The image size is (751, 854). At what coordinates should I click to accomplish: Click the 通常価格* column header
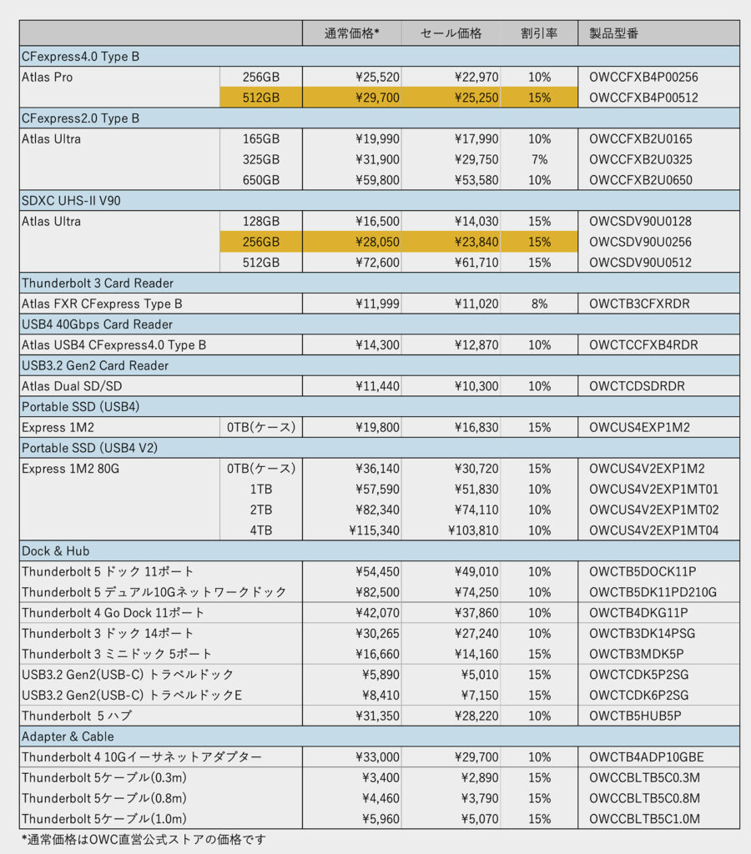point(351,33)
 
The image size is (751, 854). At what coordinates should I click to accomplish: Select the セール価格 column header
point(451,33)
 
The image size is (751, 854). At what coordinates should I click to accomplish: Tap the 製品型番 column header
point(615,33)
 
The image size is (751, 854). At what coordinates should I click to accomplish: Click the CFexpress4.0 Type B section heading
point(80,57)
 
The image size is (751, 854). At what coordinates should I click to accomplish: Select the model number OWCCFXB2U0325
point(640,159)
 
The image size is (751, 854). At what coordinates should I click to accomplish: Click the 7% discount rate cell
point(539,159)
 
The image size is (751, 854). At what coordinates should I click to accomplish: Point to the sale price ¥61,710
point(476,263)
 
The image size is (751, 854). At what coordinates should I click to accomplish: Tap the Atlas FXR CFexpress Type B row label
point(102,304)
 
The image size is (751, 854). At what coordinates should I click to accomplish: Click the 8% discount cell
point(539,304)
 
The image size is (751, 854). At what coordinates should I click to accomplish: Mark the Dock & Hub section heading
point(56,551)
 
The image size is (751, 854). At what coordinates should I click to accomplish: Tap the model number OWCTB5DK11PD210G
point(653,592)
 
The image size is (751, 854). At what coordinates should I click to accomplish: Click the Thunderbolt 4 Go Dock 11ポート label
point(113,613)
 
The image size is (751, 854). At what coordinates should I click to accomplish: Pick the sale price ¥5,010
point(480,675)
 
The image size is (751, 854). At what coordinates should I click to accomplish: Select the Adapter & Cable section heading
point(68,736)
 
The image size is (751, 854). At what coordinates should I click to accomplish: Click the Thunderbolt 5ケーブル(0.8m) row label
point(104,799)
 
